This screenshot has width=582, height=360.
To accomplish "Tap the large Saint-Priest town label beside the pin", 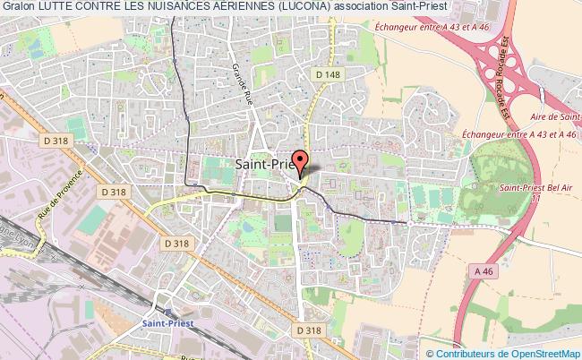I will click(x=264, y=164).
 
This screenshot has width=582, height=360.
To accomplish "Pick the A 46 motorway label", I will click(x=484, y=271).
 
